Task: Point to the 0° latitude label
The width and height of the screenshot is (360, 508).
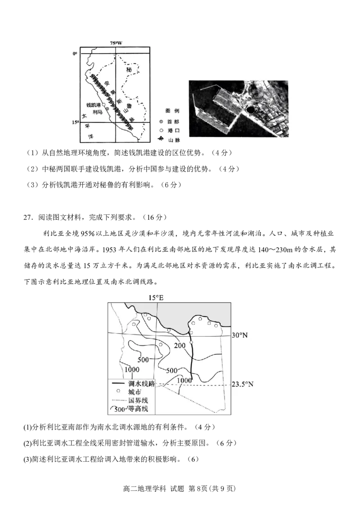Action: [75, 53]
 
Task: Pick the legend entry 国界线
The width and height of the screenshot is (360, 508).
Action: [137, 401]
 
